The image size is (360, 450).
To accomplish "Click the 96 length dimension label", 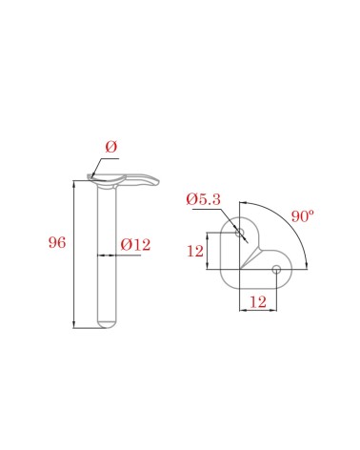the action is [x=57, y=242].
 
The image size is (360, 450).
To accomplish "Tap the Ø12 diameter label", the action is [x=135, y=245].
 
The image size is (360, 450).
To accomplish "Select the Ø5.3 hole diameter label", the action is [x=203, y=199].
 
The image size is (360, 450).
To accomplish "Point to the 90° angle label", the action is [x=303, y=216].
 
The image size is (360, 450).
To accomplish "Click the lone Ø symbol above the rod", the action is [x=111, y=147].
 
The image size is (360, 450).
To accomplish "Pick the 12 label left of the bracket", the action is [x=195, y=251].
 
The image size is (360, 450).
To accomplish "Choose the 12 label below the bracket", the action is [x=258, y=302].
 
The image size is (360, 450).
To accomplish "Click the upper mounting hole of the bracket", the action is [x=239, y=233].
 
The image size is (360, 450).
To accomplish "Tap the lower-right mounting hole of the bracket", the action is [x=276, y=270].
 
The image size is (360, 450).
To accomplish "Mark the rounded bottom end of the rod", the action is [x=107, y=324].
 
